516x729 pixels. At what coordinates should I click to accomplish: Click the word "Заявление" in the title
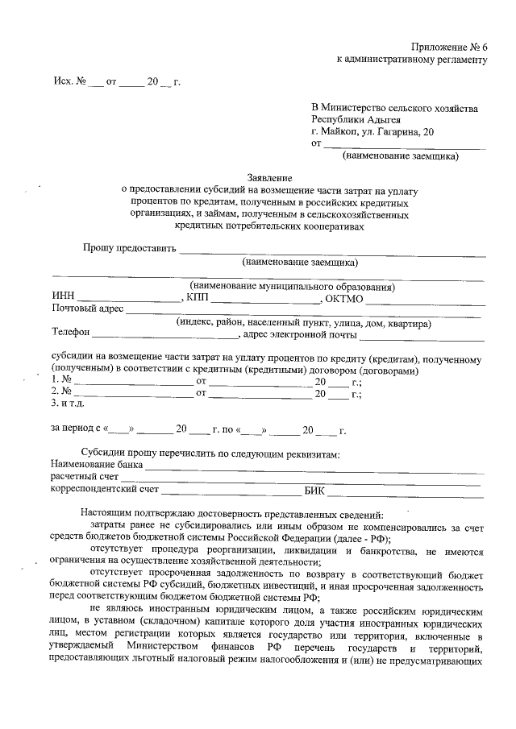(269, 177)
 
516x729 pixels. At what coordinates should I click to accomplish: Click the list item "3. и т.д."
(68, 404)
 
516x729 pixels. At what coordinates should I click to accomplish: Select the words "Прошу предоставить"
(129, 248)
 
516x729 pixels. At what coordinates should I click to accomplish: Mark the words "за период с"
(77, 430)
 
